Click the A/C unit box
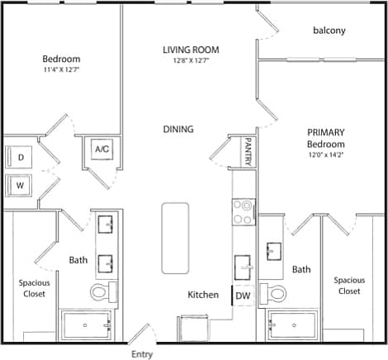(x=103, y=149)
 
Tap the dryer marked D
(x=20, y=156)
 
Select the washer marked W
(x=20, y=186)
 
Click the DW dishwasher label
(x=243, y=295)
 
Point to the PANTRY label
(x=246, y=152)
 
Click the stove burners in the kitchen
(x=244, y=212)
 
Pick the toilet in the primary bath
(x=272, y=292)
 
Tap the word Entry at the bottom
(x=141, y=354)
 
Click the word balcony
(x=329, y=31)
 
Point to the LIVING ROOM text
(x=190, y=50)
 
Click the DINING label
(x=177, y=130)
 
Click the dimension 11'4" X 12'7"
(x=61, y=69)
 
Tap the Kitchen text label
(x=203, y=295)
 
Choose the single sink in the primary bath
(x=273, y=250)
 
